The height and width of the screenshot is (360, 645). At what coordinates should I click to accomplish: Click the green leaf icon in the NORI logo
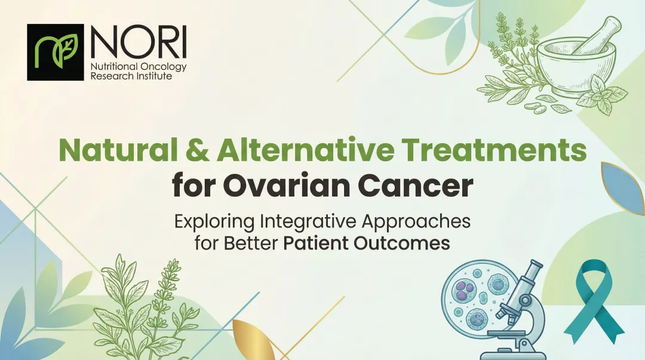55,52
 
